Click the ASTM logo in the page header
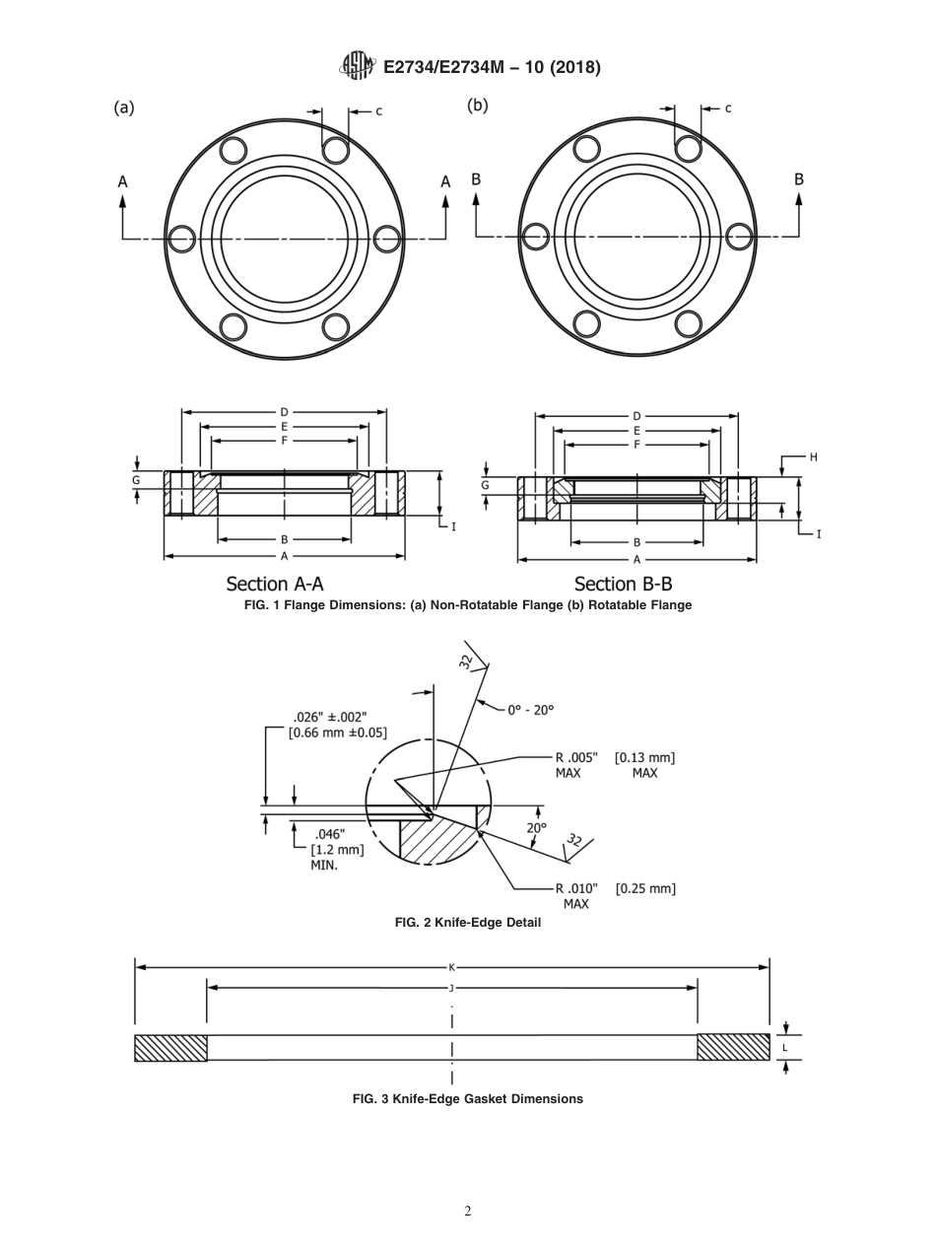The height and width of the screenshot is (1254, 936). pyautogui.click(x=357, y=66)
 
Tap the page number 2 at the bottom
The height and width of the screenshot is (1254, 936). pyautogui.click(x=468, y=1211)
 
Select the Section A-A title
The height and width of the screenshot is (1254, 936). pyautogui.click(x=275, y=584)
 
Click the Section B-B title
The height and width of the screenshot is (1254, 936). pyautogui.click(x=623, y=584)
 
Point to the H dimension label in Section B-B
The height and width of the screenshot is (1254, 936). pyautogui.click(x=814, y=457)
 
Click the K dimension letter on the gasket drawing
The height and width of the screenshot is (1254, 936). pyautogui.click(x=452, y=967)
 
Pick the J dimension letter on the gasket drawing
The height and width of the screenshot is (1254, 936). pyautogui.click(x=452, y=987)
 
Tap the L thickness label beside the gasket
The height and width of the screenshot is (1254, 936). pyautogui.click(x=785, y=1047)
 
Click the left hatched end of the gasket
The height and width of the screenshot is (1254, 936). pyautogui.click(x=170, y=1047)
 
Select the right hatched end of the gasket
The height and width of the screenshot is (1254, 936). pyautogui.click(x=733, y=1047)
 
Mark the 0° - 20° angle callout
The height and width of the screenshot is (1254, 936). pyautogui.click(x=530, y=709)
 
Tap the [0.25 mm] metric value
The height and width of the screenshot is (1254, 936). pyautogui.click(x=645, y=888)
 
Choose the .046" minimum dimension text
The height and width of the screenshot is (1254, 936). pyautogui.click(x=329, y=834)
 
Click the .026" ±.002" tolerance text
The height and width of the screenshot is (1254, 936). pyautogui.click(x=330, y=717)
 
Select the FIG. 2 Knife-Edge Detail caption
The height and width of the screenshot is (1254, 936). pyautogui.click(x=467, y=923)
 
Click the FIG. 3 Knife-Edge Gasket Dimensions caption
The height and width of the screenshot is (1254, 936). pyautogui.click(x=467, y=1098)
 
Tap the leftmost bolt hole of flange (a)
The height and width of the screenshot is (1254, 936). pyautogui.click(x=181, y=238)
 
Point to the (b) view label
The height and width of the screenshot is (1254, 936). pyautogui.click(x=478, y=105)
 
